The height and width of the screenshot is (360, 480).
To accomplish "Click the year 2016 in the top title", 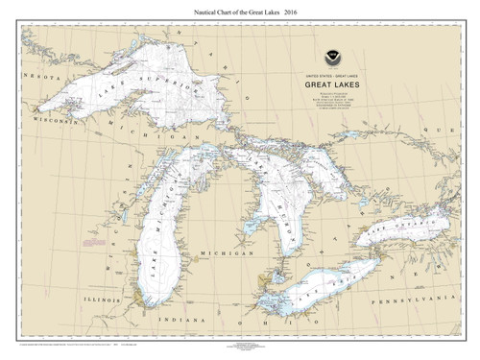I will (x=293, y=11).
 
